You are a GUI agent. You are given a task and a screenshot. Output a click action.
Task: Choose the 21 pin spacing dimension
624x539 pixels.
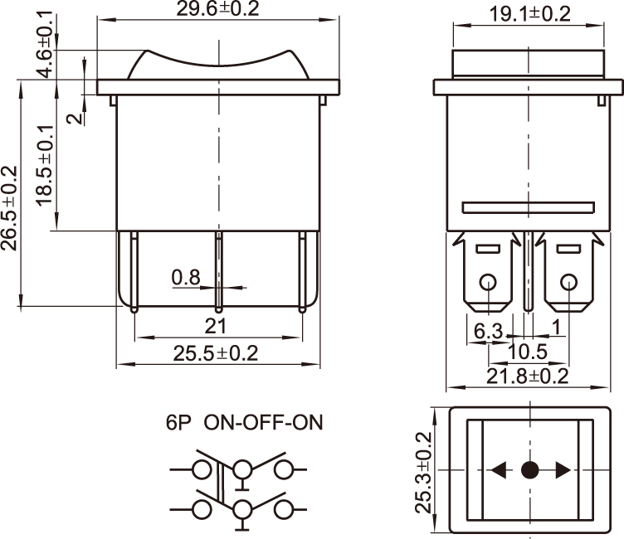pos(217,326)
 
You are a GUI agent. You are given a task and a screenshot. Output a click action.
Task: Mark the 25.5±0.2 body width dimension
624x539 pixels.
pos(217,353)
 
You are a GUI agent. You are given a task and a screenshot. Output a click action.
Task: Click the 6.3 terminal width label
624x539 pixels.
pos(489,331)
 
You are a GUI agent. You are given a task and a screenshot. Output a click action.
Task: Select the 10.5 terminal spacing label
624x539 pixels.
pos(529,352)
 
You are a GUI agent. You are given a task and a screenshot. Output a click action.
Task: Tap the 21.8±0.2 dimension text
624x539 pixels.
pos(528,376)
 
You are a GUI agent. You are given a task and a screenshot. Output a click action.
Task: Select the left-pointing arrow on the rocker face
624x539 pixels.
pos(499,471)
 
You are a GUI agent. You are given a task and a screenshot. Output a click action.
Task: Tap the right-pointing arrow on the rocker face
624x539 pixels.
pos(563,471)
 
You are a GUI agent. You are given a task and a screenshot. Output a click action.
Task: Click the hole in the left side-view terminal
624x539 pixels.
pos(489,282)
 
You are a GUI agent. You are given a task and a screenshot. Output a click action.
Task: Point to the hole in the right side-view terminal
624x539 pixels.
pos(569,282)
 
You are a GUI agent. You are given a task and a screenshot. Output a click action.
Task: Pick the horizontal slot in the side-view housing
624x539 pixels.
pos(529,207)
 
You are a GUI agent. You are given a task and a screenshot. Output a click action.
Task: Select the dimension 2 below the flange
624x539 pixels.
pos(75,118)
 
